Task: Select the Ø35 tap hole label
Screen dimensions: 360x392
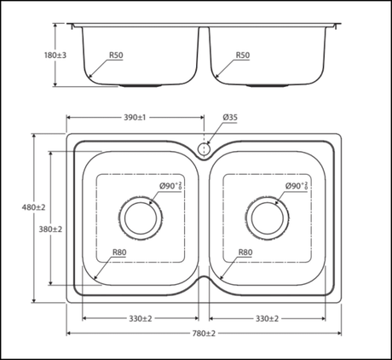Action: (x=231, y=117)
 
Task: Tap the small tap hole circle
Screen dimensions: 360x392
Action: (x=204, y=148)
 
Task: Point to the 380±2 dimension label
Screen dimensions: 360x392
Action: (x=50, y=229)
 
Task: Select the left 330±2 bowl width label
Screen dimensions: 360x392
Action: (x=140, y=318)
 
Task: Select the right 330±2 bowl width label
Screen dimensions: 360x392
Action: (x=267, y=318)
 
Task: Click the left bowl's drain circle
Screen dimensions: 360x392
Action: (x=140, y=218)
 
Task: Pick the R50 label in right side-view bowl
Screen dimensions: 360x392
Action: (x=243, y=55)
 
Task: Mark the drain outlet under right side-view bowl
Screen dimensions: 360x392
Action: (x=267, y=86)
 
